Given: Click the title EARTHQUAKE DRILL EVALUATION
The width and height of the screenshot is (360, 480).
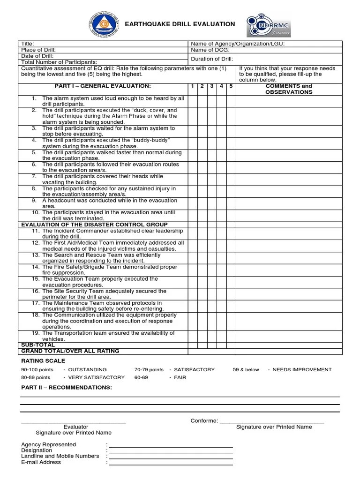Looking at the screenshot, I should click(180, 24).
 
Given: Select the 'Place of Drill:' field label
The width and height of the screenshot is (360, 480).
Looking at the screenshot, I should click(38, 50).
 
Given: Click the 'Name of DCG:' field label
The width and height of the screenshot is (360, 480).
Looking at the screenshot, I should click(210, 50).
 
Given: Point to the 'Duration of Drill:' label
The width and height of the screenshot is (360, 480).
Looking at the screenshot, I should click(212, 59).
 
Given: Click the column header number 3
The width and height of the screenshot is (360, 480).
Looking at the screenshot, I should click(211, 86).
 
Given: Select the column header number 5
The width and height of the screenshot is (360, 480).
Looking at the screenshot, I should click(231, 86).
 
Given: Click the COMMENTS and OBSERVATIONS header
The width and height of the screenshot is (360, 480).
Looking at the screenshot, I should click(288, 89).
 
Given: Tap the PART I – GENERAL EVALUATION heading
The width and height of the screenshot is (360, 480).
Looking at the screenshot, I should click(103, 86).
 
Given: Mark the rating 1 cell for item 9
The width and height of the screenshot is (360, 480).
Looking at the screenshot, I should click(192, 202).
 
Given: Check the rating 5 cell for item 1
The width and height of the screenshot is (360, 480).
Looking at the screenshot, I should click(231, 101).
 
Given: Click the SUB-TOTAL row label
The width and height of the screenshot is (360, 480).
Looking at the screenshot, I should click(38, 345).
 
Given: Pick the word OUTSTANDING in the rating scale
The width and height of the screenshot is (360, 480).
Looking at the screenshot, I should click(88, 369).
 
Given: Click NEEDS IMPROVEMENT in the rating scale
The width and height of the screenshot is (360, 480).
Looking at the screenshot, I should click(302, 369).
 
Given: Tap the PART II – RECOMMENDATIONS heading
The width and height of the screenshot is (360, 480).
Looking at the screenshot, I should click(67, 388).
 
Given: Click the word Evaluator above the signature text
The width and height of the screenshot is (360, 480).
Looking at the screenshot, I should click(76, 427).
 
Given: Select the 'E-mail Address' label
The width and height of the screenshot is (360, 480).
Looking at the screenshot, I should click(41, 462).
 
